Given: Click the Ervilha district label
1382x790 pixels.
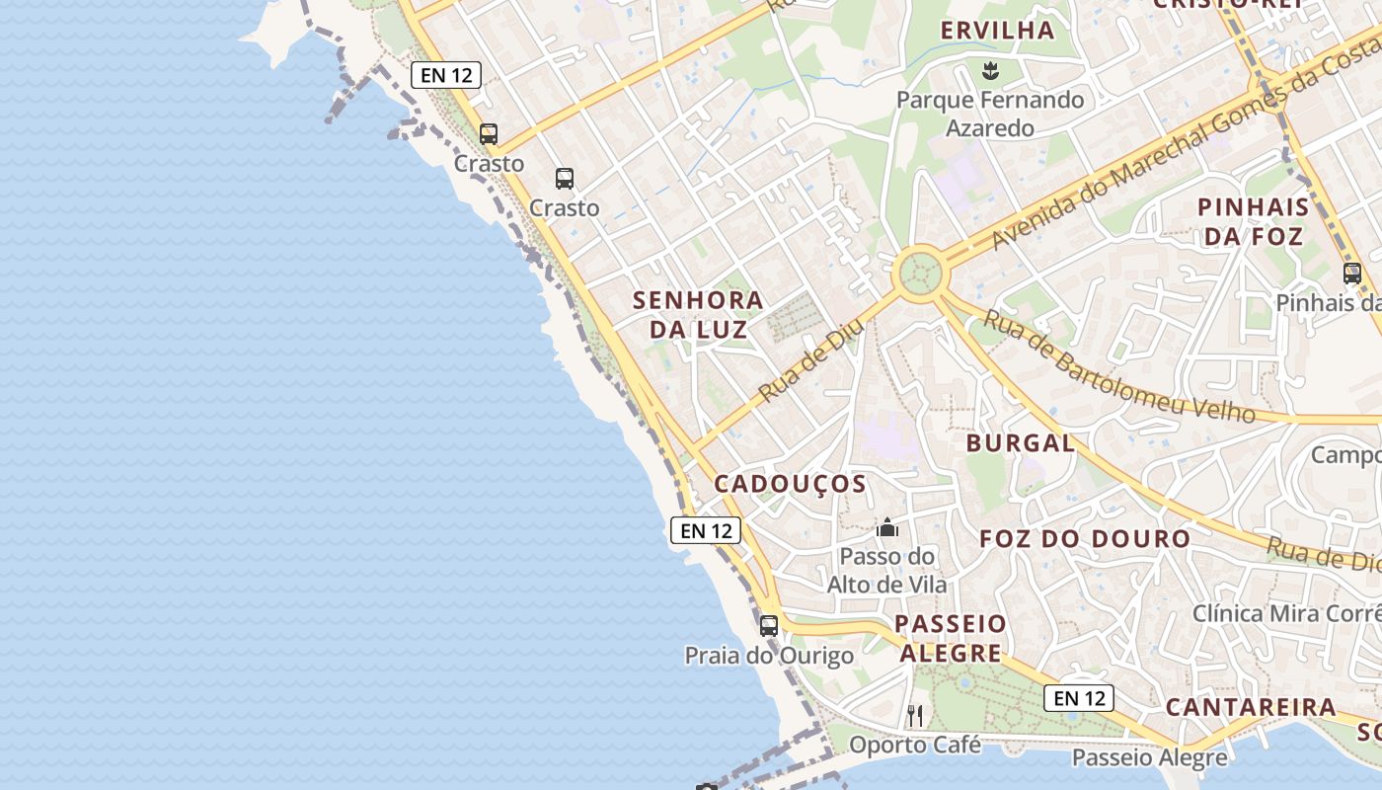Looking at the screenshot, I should [997, 31].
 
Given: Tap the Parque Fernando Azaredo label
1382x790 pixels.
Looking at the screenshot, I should [990, 114].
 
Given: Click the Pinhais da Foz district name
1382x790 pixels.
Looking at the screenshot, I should [1253, 222].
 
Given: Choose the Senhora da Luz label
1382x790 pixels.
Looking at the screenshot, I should [698, 314].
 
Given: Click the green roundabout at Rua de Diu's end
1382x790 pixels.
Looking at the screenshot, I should [919, 271].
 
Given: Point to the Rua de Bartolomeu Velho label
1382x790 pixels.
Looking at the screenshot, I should [1119, 366].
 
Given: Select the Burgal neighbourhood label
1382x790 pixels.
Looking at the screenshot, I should [1020, 443].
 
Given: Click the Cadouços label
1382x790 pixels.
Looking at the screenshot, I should [790, 484].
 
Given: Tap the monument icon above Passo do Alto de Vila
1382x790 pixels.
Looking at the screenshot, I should [887, 527].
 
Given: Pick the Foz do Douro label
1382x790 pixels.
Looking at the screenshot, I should [1085, 539].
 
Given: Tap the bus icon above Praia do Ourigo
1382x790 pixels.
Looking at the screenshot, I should [769, 625].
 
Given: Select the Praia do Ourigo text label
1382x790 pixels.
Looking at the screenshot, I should [769, 656].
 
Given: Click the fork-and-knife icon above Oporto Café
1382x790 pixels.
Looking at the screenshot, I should [915, 715].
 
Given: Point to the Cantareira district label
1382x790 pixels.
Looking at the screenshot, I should [1251, 707].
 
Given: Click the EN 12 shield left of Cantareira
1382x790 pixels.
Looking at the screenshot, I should [1079, 698].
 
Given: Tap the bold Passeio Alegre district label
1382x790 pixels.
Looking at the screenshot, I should [952, 638].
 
